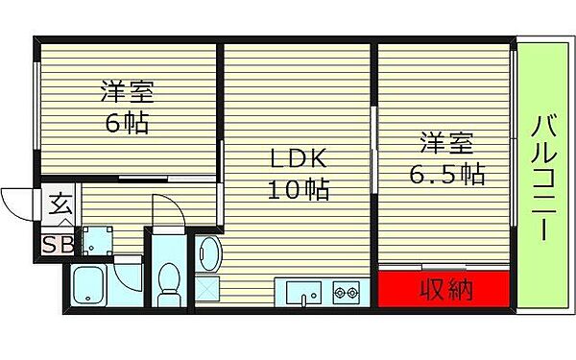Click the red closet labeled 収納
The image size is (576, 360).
[442, 289]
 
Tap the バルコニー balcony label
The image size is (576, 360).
[543, 179]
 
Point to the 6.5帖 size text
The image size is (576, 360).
[448, 175]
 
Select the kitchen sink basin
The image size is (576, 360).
[303, 292]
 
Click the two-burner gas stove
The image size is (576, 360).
[346, 291]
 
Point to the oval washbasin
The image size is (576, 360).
[210, 254]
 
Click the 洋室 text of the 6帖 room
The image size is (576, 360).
[127, 94]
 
